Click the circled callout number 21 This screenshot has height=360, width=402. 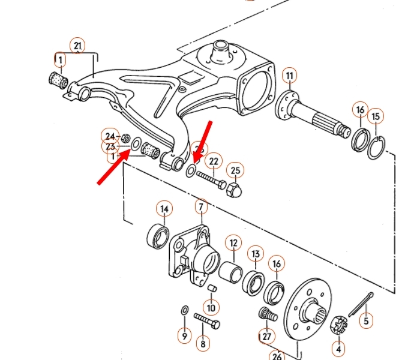point(77,45)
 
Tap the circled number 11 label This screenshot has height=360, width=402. point(290,76)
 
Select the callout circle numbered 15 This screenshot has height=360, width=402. point(376,116)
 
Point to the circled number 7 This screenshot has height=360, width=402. point(200,208)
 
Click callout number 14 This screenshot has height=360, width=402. point(164,209)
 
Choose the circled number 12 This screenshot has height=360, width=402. point(233,243)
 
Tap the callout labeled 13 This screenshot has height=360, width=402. point(255,253)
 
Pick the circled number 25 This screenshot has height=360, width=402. point(235,171)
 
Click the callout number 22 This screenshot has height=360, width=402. point(214,161)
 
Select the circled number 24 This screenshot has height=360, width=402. point(109,136)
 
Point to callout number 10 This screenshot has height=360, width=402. point(211,307)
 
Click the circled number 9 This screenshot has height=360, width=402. point(184,336)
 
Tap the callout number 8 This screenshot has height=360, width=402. point(203,344)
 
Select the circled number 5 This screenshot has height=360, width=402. point(366,321)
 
